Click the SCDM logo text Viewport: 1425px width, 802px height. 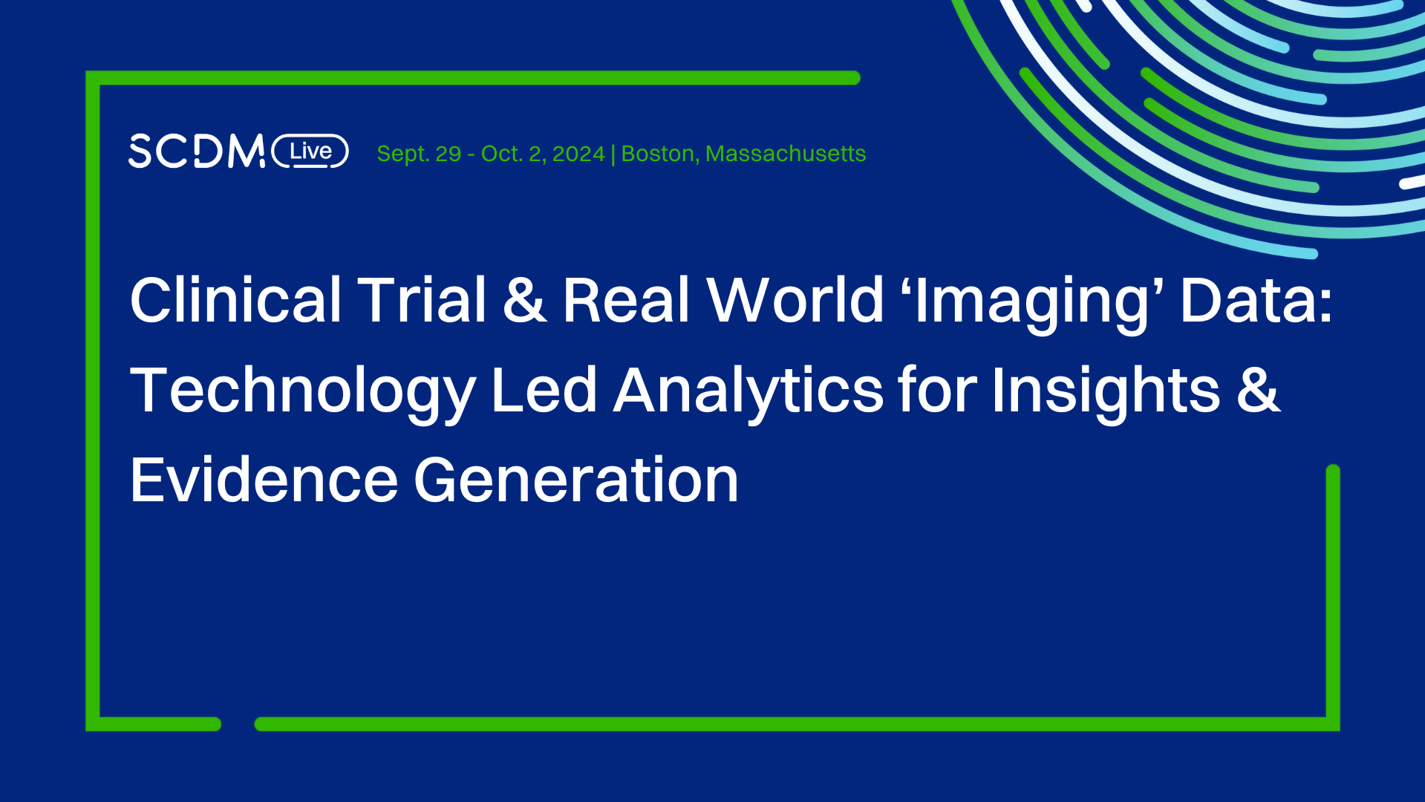[196, 151]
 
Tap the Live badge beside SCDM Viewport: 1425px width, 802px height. [310, 151]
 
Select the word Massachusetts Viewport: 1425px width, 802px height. [786, 154]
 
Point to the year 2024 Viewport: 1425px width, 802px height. [578, 154]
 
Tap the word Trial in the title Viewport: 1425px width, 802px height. [422, 300]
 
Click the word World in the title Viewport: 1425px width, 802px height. [795, 300]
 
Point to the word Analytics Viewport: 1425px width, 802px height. [749, 391]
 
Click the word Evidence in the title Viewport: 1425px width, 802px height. [264, 480]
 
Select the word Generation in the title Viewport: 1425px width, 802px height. [575, 480]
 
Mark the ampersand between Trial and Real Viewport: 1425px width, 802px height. [525, 300]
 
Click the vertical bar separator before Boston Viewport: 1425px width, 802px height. [613, 154]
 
